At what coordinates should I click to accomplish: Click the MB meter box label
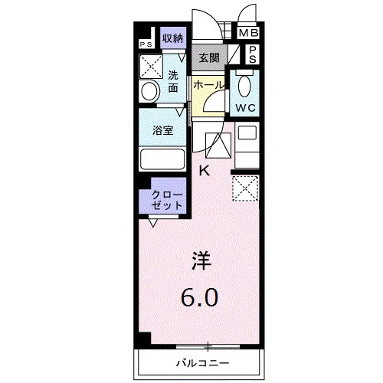(248, 33)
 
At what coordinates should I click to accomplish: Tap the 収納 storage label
(173, 38)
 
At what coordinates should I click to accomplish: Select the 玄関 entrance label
(209, 58)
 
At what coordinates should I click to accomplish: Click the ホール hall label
(208, 85)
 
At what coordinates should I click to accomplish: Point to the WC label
(245, 108)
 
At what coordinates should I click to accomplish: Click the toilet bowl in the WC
(244, 86)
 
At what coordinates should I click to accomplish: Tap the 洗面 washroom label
(173, 81)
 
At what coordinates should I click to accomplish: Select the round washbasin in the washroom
(149, 91)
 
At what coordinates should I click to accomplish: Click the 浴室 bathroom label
(162, 130)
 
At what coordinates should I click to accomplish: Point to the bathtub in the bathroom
(162, 159)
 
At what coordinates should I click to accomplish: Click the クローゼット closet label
(167, 201)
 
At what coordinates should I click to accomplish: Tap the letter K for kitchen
(205, 171)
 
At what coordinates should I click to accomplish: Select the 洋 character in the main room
(201, 260)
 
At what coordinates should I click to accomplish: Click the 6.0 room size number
(199, 297)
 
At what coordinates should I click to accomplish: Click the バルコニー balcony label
(203, 363)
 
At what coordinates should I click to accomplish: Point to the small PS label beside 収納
(146, 44)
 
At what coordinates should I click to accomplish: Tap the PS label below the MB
(252, 54)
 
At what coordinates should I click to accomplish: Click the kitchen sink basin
(247, 133)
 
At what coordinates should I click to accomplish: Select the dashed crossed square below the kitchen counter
(245, 188)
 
